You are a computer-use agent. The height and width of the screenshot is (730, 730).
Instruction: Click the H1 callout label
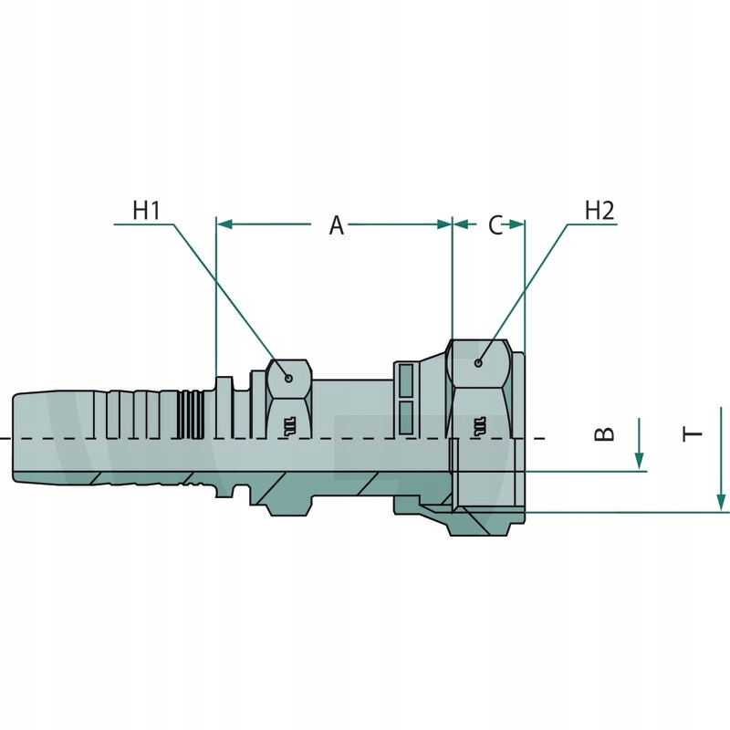point(147,210)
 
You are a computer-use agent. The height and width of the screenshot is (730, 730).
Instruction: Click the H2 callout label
point(600,210)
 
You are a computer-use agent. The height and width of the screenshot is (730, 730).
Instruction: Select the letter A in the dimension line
point(336,225)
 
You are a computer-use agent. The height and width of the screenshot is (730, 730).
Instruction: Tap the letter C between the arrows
point(495,225)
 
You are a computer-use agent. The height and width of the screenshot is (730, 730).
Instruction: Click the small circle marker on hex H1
point(288,378)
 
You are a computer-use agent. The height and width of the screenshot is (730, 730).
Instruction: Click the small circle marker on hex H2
point(478,362)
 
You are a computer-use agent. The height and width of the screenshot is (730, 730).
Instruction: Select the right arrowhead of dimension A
point(444,224)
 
